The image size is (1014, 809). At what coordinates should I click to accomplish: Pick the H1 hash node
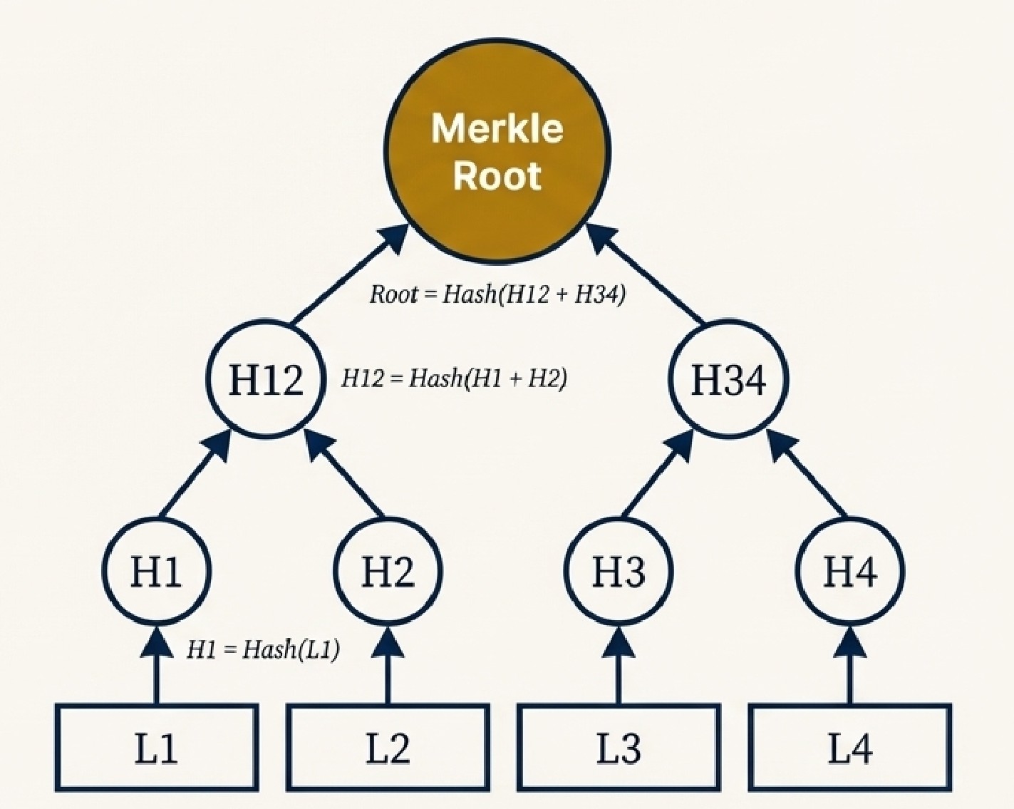(156, 571)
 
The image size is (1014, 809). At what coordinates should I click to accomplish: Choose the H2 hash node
(388, 571)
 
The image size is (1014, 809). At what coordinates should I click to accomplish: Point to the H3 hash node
(619, 571)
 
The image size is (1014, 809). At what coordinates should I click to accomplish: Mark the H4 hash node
(849, 571)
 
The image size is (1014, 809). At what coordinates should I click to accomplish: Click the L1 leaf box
(156, 748)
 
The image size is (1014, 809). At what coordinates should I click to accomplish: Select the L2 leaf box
(388, 748)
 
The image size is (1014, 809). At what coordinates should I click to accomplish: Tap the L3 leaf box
(619, 748)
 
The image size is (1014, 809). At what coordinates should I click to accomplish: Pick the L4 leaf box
(849, 748)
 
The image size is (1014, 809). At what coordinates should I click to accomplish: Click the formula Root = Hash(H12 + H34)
(497, 294)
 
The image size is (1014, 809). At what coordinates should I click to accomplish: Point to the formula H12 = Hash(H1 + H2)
(454, 378)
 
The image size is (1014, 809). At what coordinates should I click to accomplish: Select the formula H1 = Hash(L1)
(263, 649)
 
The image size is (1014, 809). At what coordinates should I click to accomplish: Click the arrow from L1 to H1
(156, 666)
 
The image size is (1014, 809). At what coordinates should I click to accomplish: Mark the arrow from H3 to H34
(656, 478)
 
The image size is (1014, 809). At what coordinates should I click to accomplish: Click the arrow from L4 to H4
(849, 666)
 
